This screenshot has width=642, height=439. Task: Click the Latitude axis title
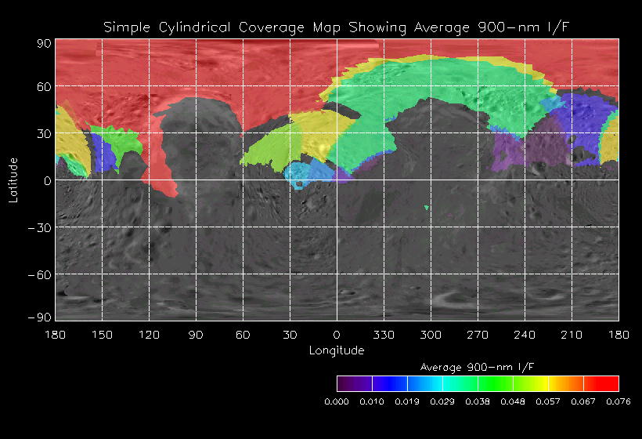tap(13, 180)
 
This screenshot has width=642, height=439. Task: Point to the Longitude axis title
tap(337, 350)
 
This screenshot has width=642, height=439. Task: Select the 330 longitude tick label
tap(384, 335)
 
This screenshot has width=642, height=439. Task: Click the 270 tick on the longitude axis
tap(478, 335)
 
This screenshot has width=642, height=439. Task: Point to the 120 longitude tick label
tap(149, 335)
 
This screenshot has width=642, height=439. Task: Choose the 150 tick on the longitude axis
tap(102, 335)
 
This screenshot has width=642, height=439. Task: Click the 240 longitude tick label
tap(525, 335)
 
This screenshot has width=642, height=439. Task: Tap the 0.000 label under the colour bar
tap(337, 401)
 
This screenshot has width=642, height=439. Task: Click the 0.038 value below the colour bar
tap(478, 401)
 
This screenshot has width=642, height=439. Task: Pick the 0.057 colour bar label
tap(548, 401)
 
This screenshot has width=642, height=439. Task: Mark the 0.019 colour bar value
tap(407, 401)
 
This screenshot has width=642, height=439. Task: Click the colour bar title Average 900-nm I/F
tap(478, 367)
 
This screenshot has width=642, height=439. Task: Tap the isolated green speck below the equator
tap(427, 208)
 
